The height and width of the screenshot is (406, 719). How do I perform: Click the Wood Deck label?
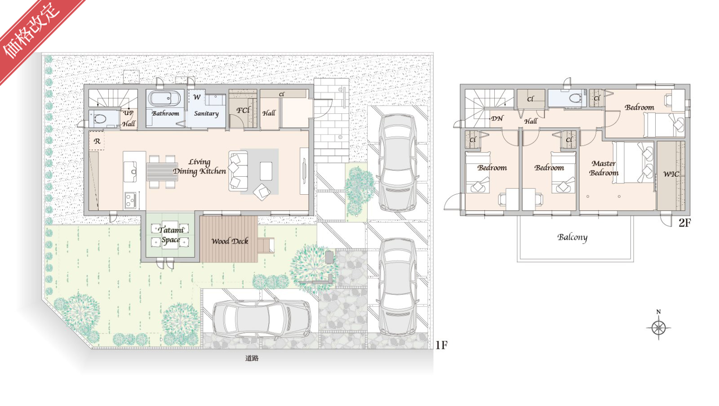coord(230,241)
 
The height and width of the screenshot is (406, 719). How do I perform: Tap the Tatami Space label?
coord(170,235)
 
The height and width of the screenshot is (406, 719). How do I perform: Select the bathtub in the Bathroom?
coord(164,98)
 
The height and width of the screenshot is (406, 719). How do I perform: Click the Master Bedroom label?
coord(604,168)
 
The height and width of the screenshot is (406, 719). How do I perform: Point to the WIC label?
coord(671,174)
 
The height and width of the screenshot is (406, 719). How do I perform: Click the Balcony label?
coord(573,237)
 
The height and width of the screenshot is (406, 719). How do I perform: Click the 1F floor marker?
coord(441,345)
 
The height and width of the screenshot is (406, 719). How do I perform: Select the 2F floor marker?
coord(684,223)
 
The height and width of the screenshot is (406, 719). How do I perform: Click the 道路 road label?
coord(252,358)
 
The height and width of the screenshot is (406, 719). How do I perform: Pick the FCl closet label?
coord(243,110)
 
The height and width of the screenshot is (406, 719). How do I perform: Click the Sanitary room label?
coord(206,113)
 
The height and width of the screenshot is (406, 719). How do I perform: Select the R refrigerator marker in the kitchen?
coord(97,141)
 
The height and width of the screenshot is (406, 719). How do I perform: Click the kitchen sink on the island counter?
coord(130,171)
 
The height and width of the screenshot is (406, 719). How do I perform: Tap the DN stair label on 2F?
coord(497,118)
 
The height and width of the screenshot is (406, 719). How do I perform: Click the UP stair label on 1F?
coord(129,113)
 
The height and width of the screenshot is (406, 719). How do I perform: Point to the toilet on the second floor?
coord(575,98)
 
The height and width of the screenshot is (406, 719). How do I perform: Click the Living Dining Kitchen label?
coord(200,167)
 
